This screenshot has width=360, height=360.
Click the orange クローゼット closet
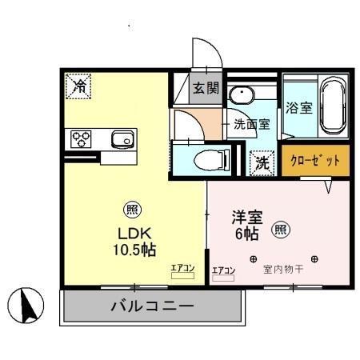tap(315, 159)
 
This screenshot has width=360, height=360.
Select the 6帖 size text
tap(246, 234)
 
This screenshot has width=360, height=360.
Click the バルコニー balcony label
tap(152, 305)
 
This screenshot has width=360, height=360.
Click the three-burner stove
tap(82, 139)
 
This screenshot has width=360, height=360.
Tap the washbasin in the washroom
tap(240, 95)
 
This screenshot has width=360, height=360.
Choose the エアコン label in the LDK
tap(182, 269)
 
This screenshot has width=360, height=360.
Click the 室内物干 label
tap(283, 270)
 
